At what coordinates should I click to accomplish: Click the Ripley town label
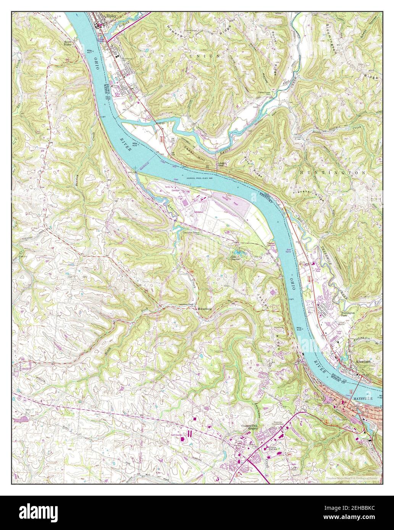point(111,16)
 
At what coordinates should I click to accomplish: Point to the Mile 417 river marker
point(90,51)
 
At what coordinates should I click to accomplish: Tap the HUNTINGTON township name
point(333,173)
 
